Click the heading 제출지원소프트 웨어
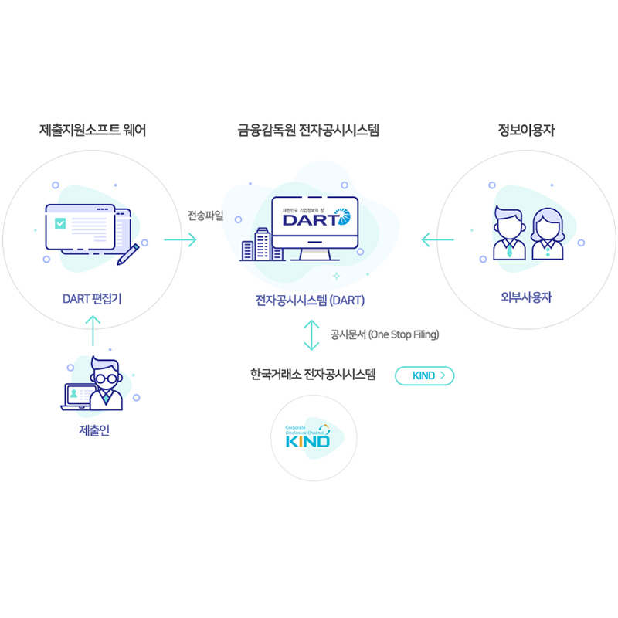click(93, 131)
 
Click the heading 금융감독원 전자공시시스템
click(308, 131)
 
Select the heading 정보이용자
click(526, 131)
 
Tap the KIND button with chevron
click(424, 375)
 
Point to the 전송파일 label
click(205, 216)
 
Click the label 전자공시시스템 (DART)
click(310, 300)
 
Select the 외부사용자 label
click(526, 297)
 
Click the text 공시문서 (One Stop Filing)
click(384, 334)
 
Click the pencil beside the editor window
click(128, 253)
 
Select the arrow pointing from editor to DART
click(180, 240)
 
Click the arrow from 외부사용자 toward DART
click(437, 241)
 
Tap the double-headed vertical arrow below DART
click(311, 334)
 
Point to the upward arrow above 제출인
click(93, 330)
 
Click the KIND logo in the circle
click(307, 437)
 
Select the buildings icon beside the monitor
click(257, 244)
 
